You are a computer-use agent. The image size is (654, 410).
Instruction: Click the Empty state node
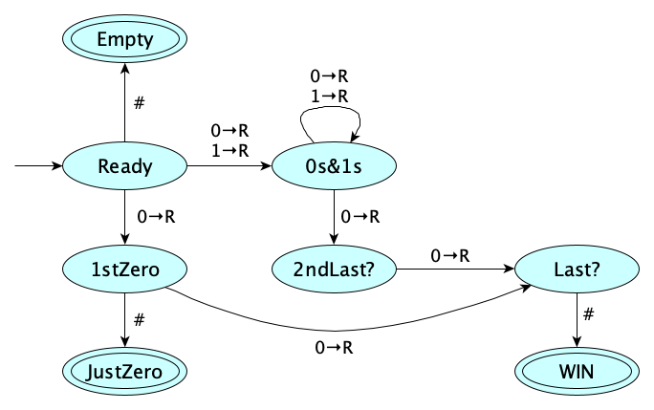(125, 40)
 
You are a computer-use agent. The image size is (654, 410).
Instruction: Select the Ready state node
(125, 166)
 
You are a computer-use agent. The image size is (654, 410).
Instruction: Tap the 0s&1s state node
(334, 166)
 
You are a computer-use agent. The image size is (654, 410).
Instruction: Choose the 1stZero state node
(125, 270)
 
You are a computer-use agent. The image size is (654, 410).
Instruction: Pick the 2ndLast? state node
(334, 270)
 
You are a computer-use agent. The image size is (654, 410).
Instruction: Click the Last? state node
(577, 270)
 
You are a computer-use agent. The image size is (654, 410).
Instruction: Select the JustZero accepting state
(125, 372)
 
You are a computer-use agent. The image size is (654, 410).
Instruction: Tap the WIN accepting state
(577, 372)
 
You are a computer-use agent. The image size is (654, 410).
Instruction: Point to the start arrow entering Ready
(38, 166)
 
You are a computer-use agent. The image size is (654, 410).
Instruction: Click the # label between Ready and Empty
(140, 102)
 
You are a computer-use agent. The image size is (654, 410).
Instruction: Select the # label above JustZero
(140, 319)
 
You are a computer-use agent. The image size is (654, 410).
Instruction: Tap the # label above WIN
(590, 314)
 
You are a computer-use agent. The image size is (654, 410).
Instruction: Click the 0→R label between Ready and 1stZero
(157, 216)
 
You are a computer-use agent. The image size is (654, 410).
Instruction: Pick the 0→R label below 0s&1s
(360, 217)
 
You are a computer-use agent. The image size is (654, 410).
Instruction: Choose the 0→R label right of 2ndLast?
(449, 255)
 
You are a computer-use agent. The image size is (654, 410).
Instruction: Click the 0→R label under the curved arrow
(335, 348)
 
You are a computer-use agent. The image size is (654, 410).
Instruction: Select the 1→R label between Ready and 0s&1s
(229, 149)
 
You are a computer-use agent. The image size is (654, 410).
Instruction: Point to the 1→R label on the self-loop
(330, 96)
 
